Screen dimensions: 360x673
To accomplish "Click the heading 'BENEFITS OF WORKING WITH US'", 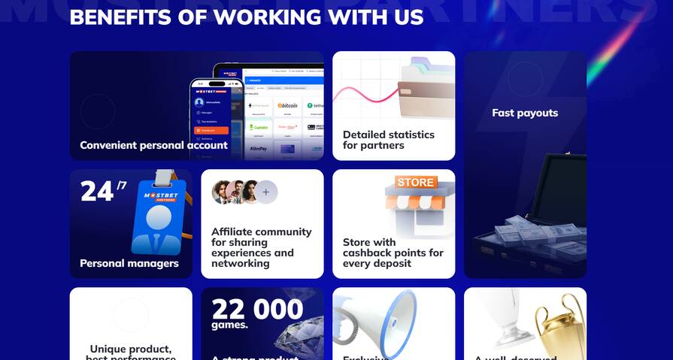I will [x=247, y=17].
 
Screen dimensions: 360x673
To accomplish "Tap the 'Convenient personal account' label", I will [x=153, y=145].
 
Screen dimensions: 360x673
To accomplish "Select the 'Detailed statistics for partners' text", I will [x=388, y=140].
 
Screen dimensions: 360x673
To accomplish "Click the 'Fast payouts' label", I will [x=525, y=113].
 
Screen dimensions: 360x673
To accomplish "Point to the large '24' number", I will [x=97, y=192].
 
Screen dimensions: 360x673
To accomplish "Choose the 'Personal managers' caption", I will [x=129, y=263].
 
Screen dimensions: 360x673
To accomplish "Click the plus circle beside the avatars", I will [x=266, y=192].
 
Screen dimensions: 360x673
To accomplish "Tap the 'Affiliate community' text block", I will [x=261, y=247].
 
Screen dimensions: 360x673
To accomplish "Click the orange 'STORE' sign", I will [x=415, y=183].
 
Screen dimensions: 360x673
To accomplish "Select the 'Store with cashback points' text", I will [x=393, y=253].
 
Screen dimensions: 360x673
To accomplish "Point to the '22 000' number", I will [x=257, y=309].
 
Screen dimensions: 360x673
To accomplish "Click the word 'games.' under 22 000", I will [x=229, y=325].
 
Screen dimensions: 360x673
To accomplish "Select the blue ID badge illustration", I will [x=159, y=218].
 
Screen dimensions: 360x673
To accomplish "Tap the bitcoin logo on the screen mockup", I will [x=287, y=105].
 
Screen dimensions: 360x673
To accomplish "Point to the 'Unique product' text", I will [x=131, y=349].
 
